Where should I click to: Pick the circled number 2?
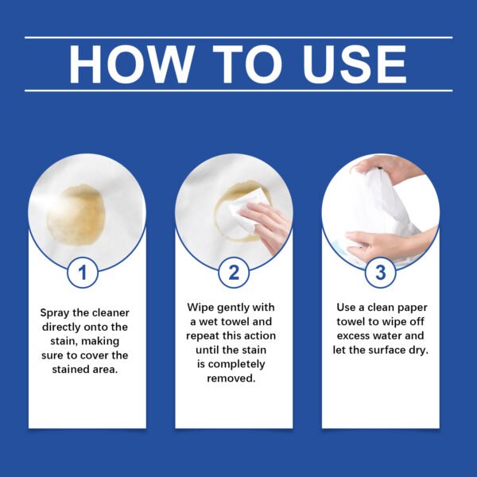coord(234,273)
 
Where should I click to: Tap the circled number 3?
coord(380,273)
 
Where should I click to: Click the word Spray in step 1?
coord(56,312)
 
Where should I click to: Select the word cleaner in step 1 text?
coord(107,312)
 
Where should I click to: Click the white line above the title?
coord(238,37)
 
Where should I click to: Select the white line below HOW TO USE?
coord(238,91)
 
